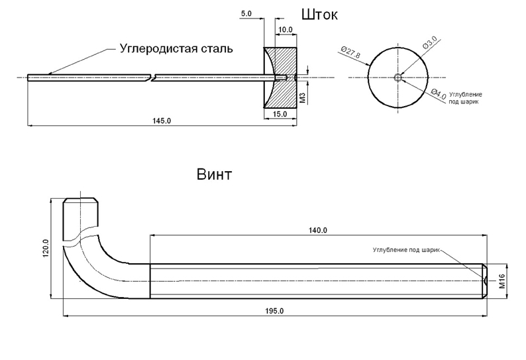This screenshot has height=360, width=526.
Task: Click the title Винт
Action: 214,175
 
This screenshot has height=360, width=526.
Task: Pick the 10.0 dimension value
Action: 286,30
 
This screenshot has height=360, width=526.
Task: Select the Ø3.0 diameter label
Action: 429,48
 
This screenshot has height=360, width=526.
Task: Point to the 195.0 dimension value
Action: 273,311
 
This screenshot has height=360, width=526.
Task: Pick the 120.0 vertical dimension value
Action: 46,249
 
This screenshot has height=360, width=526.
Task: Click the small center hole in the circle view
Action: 397,78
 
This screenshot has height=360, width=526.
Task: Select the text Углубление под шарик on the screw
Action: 405,251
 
